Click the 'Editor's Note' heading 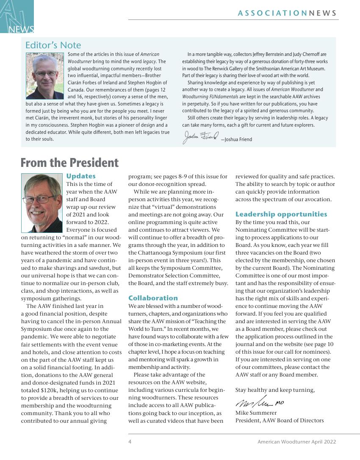pyautogui.click(x=53, y=45)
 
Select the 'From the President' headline pyautogui.click(x=70, y=163)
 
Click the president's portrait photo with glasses pyautogui.click(x=42, y=202)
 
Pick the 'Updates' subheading pyautogui.click(x=81, y=176)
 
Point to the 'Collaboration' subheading pyautogui.click(x=153, y=298)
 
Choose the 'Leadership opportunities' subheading pyautogui.click(x=281, y=214)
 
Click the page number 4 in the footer pyautogui.click(x=130, y=442)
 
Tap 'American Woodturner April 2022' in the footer pyautogui.click(x=296, y=442)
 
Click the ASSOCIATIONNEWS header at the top pyautogui.click(x=288, y=13)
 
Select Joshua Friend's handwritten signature pyautogui.click(x=201, y=136)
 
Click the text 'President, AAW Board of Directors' pyautogui.click(x=280, y=420)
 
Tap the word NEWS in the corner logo pyautogui.click(x=21, y=29)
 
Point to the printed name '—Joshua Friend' pyautogui.click(x=236, y=139)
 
